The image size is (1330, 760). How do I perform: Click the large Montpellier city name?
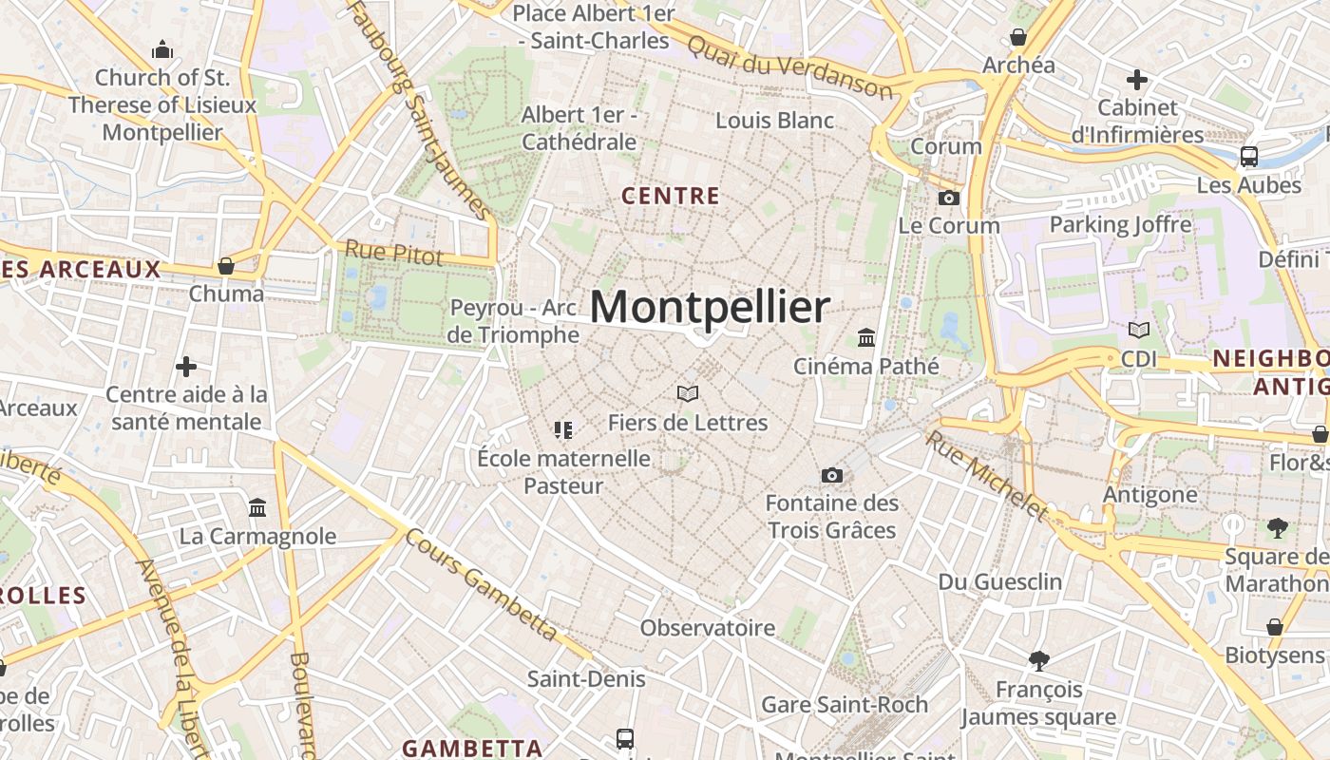tap(710, 308)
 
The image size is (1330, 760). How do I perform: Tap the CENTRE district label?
tap(670, 197)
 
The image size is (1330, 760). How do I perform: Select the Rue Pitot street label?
tap(393, 254)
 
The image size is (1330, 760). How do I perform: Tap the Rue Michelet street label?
tap(987, 476)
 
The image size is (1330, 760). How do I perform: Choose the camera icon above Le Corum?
tap(948, 198)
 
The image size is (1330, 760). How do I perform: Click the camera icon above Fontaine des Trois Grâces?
tap(831, 475)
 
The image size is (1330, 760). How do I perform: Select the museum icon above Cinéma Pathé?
tap(865, 338)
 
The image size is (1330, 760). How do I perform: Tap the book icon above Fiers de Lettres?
tap(688, 393)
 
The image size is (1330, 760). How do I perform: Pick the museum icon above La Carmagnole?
tap(257, 508)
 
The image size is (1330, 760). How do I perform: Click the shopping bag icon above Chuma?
tap(226, 266)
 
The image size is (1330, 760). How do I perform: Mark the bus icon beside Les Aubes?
tap(1248, 157)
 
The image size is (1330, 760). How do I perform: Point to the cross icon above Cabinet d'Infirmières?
tap(1136, 80)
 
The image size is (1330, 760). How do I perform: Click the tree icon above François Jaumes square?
tap(1039, 660)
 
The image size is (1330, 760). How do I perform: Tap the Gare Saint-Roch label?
tap(845, 705)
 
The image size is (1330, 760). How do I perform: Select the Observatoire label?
tap(708, 628)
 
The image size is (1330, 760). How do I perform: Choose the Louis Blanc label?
tap(774, 121)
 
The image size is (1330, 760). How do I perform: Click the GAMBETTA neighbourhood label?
tap(471, 748)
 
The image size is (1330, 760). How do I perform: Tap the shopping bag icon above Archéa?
tap(1018, 37)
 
